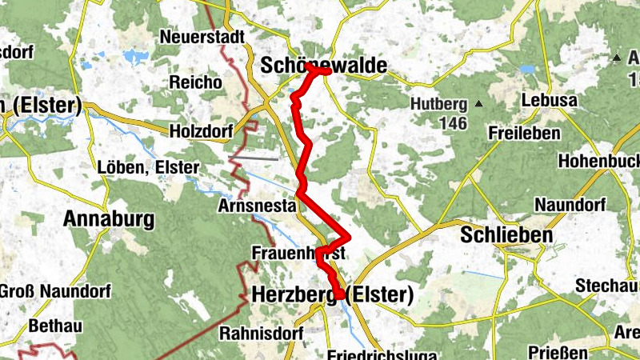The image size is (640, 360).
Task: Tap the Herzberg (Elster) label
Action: coord(332,295)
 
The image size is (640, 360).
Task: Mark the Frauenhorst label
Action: coord(298,253)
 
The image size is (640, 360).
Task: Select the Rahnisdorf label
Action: coord(253,333)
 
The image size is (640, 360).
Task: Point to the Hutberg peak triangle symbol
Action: coord(478,103)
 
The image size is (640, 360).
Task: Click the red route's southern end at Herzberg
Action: coord(340,295)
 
